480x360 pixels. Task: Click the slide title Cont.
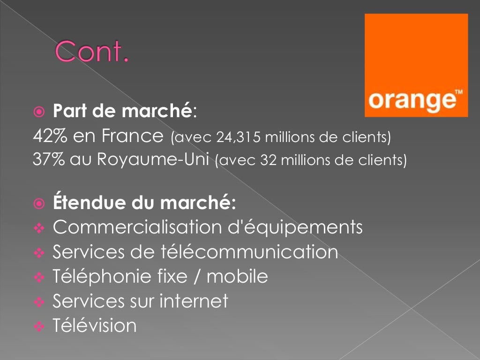coord(92,52)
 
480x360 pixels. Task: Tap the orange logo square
coord(416,65)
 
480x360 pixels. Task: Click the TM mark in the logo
coord(458,92)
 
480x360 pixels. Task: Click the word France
coord(132,136)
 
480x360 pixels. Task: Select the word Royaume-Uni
coord(153,159)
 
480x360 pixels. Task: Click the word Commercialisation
coord(136,227)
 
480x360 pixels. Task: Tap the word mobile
coord(237,276)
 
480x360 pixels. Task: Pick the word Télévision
coord(95,325)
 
